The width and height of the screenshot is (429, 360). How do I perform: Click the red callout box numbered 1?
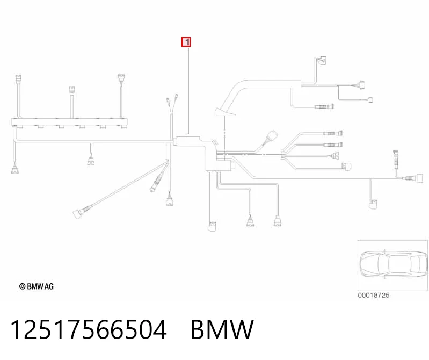pos(186,42)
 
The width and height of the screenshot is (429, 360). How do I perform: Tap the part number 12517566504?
pos(88,329)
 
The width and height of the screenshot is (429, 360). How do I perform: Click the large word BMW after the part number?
pos(222,329)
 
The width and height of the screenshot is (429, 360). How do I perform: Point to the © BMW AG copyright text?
pos(37,286)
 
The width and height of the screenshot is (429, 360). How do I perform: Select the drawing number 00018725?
pos(374,295)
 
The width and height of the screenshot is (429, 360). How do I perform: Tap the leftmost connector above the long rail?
pos(18,79)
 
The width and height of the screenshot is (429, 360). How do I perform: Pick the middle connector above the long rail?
pos(72,91)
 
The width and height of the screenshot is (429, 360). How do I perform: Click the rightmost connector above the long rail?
pos(121,78)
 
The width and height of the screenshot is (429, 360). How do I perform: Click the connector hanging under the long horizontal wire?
pos(91,161)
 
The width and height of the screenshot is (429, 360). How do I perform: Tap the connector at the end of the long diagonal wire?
pos(78,213)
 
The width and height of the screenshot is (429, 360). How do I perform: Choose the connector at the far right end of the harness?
pos(420,178)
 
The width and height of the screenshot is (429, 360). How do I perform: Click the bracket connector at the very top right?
pos(322,61)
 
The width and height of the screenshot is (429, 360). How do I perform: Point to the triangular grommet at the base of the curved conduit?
pos(224,112)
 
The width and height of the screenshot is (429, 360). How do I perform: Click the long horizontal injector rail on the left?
pos(69,122)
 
